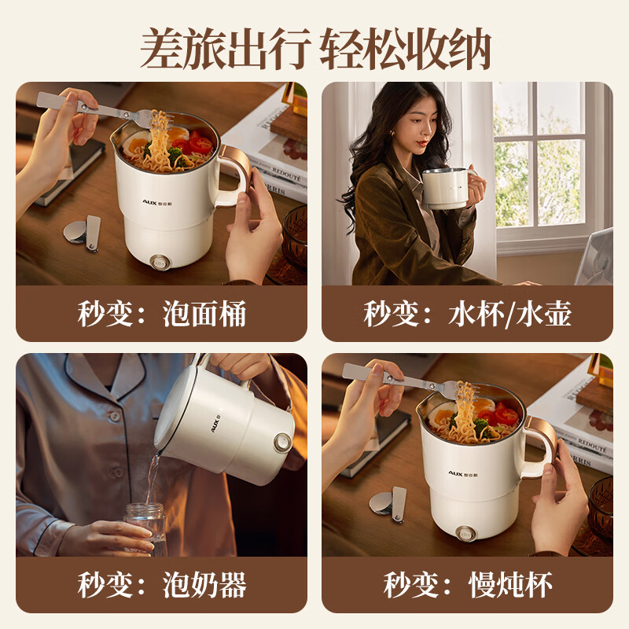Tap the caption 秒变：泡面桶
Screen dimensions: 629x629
coord(162,313)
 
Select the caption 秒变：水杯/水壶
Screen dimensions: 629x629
coord(467,313)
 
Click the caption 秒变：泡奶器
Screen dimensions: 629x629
coord(162,584)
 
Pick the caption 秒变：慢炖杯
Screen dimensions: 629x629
coord(467,584)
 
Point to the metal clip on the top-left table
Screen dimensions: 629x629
coord(83,233)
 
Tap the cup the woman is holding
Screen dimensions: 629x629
coord(445,189)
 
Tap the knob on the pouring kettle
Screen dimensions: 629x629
coord(283,443)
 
